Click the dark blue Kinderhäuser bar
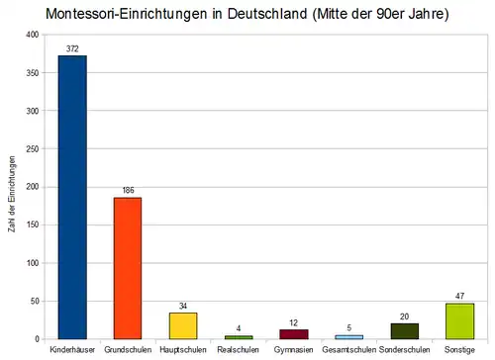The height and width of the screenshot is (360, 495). [72, 197]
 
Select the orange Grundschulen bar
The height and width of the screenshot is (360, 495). [128, 268]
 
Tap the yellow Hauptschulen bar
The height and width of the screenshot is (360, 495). [183, 325]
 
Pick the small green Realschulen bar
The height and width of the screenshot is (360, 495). [239, 337]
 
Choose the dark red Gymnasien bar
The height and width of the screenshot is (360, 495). [294, 334]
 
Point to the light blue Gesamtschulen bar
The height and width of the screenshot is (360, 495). [349, 337]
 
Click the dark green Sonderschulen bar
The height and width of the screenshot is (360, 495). [405, 331]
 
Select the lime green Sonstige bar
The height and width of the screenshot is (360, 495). [459, 321]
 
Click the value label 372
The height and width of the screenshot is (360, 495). [72, 48]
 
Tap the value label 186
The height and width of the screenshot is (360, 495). [128, 190]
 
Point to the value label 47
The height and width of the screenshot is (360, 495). [460, 296]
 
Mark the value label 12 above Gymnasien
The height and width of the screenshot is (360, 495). [294, 322]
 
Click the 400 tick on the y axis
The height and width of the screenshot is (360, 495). [33, 35]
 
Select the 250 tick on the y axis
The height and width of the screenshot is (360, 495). [33, 149]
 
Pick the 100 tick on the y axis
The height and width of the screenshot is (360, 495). [33, 263]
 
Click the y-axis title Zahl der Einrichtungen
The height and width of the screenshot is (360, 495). [12, 194]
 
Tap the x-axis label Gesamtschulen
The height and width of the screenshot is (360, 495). [349, 349]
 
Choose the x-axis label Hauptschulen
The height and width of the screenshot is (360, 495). [183, 349]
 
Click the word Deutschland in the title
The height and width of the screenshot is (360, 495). [267, 14]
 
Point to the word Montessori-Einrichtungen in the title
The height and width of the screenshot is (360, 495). [127, 14]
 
